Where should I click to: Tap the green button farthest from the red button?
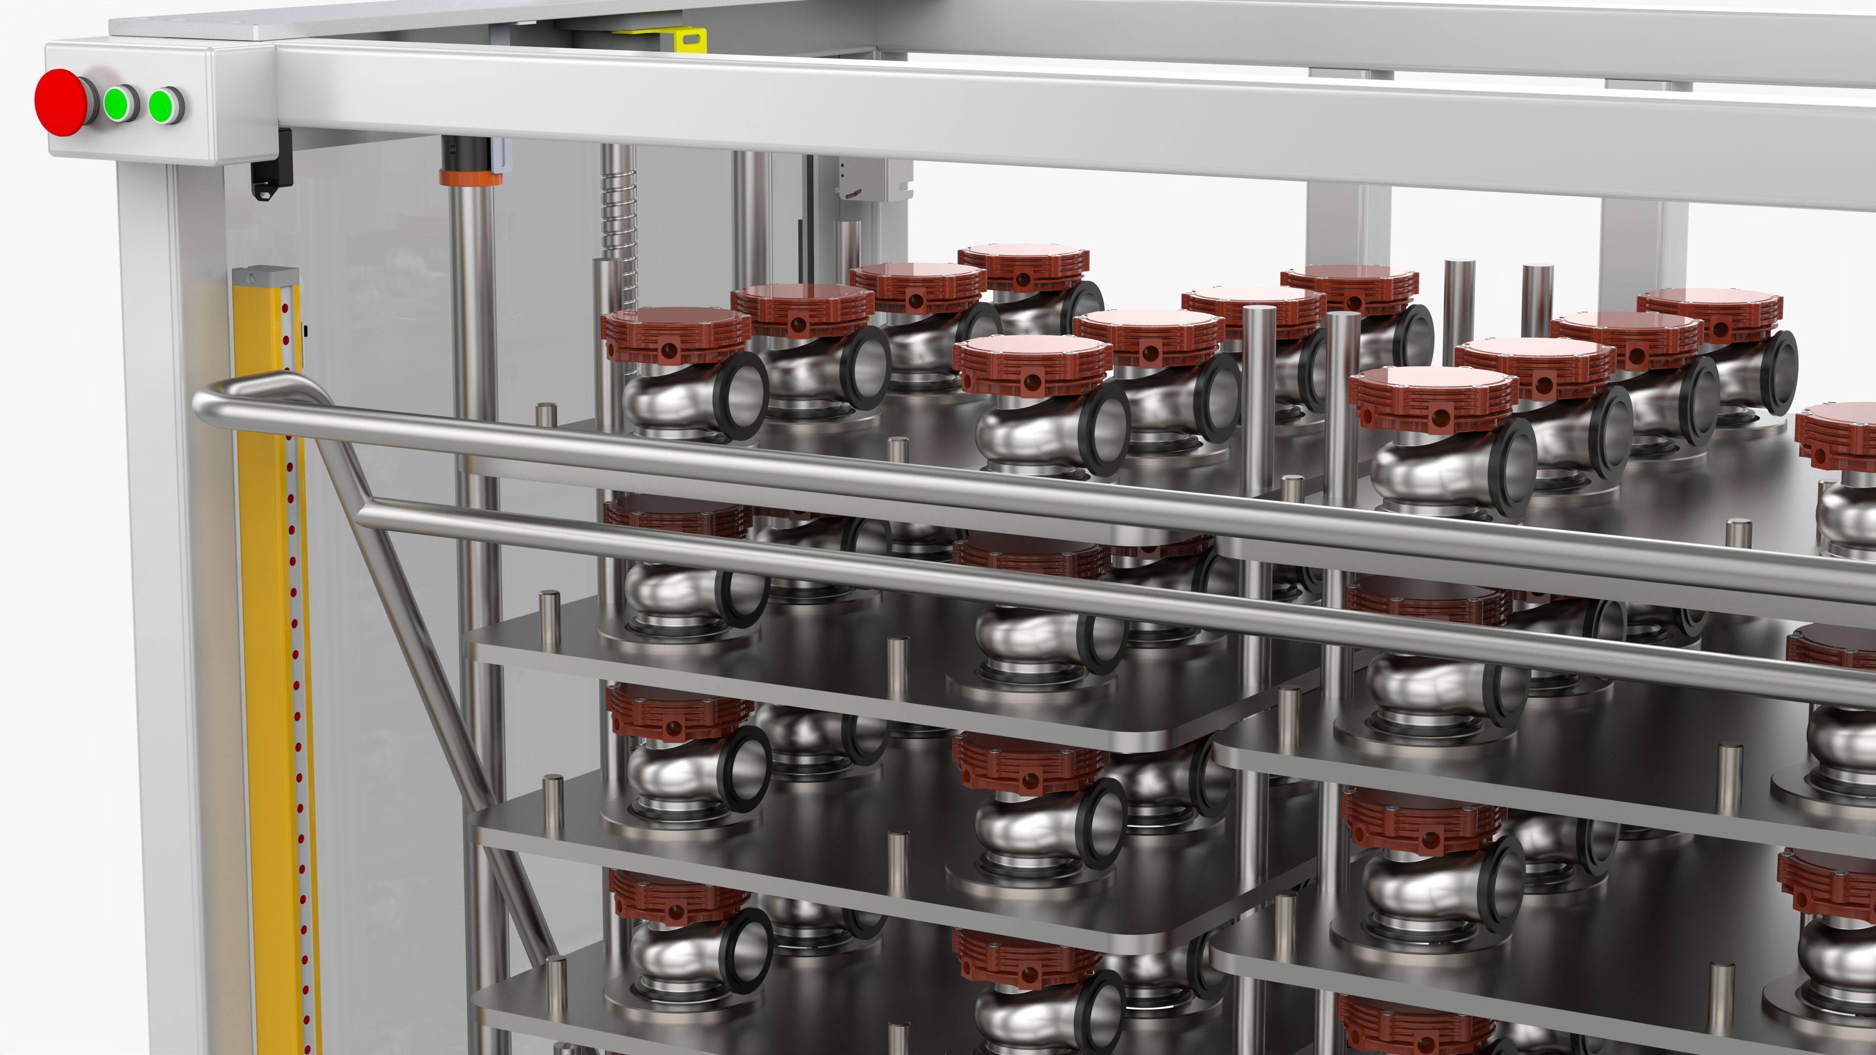click(x=165, y=106)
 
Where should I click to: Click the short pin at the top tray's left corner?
click(x=546, y=415)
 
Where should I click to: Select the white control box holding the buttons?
click(x=131, y=102)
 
